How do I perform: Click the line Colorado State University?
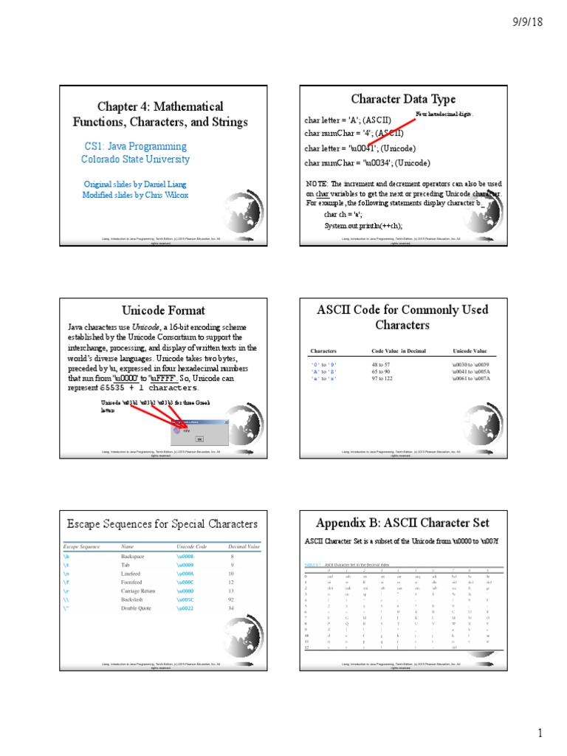(135, 159)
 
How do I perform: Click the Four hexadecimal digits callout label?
(443, 114)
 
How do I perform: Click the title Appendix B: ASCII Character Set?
(402, 523)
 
